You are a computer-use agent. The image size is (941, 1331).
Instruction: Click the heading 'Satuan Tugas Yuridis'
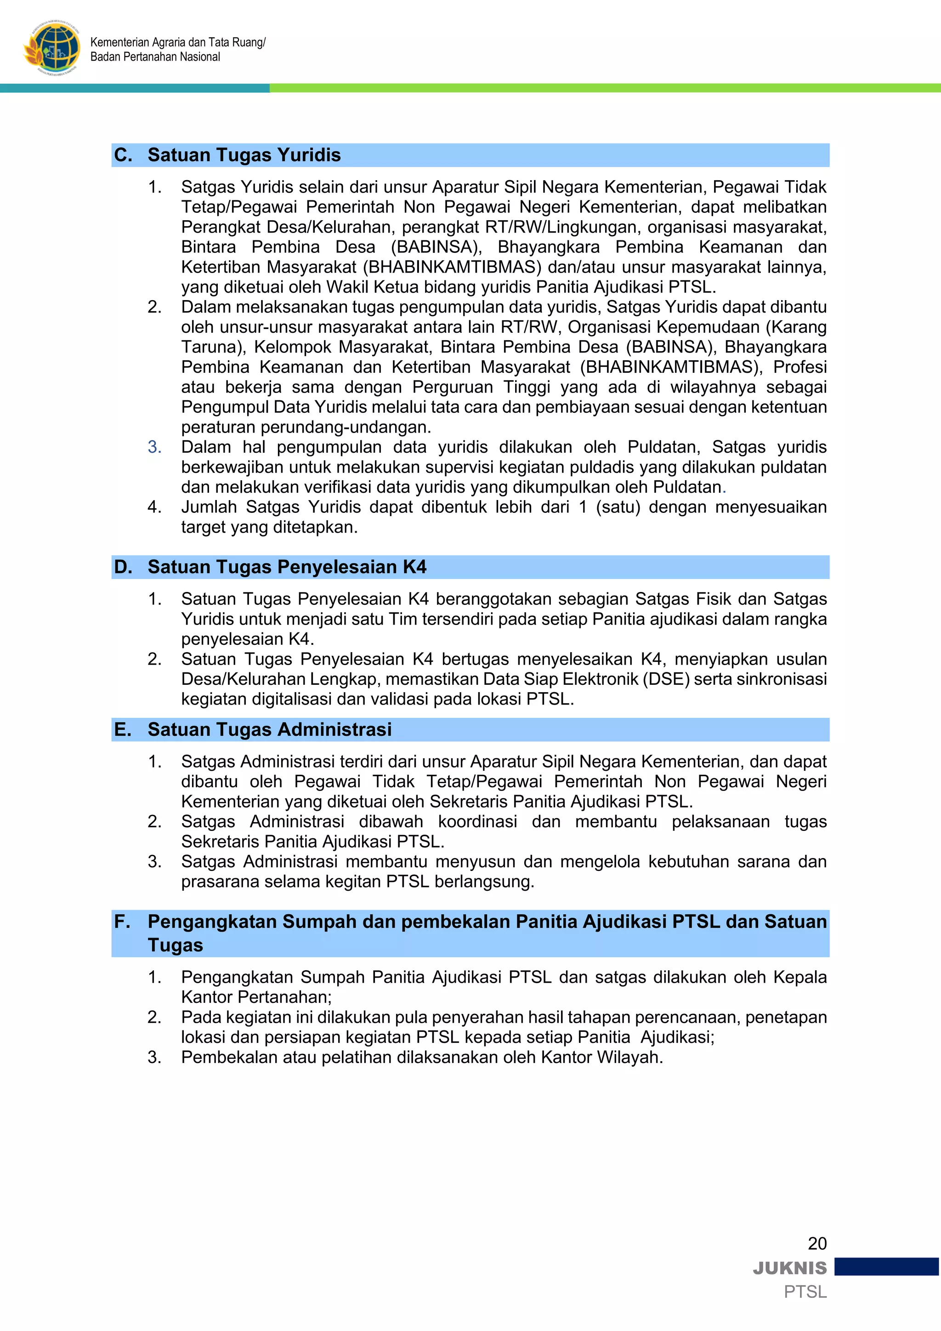tap(244, 155)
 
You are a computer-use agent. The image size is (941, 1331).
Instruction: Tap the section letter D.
tap(122, 567)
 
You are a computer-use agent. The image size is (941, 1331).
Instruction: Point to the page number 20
tap(817, 1244)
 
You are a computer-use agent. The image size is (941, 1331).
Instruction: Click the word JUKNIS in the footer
tap(790, 1268)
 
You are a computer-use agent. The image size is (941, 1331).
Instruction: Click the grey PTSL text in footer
tap(805, 1292)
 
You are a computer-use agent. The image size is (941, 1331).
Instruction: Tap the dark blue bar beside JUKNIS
tap(886, 1267)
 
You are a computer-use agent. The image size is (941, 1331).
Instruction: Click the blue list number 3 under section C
tap(154, 447)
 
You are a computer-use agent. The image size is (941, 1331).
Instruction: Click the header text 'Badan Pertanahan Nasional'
tap(155, 57)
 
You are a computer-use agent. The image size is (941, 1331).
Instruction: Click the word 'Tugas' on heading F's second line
tap(175, 945)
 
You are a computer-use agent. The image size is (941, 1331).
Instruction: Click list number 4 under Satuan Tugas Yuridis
tap(154, 507)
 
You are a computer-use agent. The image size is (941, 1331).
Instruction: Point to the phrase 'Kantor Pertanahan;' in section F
tap(256, 997)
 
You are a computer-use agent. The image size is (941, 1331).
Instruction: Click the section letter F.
tap(122, 922)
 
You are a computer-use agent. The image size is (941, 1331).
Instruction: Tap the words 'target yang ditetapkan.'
tap(269, 527)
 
